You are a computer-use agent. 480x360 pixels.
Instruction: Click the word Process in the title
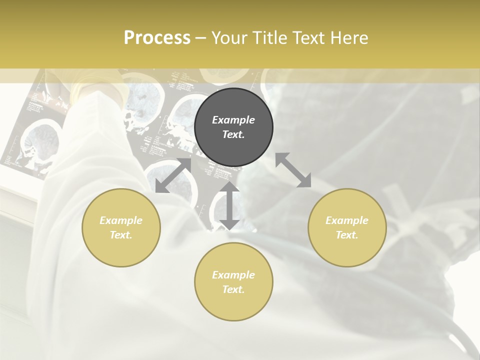click(157, 38)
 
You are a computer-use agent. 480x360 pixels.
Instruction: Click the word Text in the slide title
click(310, 38)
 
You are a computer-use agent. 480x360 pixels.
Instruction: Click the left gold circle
click(121, 227)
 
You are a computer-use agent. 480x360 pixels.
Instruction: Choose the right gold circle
click(347, 227)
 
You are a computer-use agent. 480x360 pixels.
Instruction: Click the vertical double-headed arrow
click(229, 205)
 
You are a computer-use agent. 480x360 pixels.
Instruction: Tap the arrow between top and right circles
click(293, 170)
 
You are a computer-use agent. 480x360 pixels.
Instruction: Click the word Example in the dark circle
click(233, 120)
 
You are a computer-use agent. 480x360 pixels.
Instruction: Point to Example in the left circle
click(121, 220)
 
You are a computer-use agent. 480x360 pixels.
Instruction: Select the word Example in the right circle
click(347, 220)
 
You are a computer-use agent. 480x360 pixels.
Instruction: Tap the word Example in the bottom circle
click(233, 275)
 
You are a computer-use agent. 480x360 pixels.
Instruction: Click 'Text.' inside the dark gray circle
click(233, 134)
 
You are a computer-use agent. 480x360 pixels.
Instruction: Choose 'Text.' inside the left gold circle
click(121, 235)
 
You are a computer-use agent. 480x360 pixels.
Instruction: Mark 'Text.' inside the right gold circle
click(347, 235)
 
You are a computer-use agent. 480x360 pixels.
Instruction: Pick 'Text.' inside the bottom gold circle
click(233, 289)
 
